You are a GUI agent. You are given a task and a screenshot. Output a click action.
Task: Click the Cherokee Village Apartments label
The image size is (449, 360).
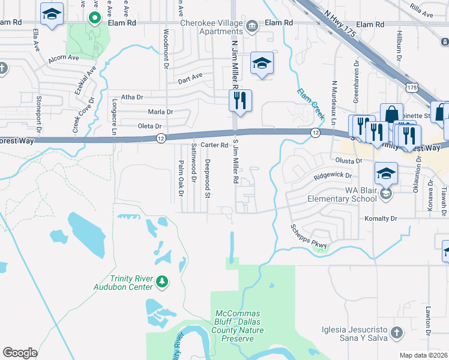point(212,26)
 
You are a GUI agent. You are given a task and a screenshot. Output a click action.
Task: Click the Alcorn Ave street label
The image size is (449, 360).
point(64,58)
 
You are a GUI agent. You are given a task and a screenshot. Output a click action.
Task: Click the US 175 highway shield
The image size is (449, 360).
point(412,88)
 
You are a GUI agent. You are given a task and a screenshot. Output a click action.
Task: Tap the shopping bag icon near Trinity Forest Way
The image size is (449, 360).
point(391,115)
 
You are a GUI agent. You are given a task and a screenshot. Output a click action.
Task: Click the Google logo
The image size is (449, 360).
point(20,353)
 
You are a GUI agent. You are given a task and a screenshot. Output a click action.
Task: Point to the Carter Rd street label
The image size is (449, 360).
point(214,145)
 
